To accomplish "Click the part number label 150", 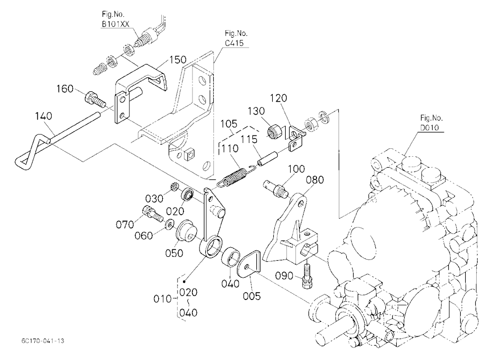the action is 178,60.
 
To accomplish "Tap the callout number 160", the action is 65,89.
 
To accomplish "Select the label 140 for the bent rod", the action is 43,116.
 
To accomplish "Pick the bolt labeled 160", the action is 94,99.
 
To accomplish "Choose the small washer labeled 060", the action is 170,225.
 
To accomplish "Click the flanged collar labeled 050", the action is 186,233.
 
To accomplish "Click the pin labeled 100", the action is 276,189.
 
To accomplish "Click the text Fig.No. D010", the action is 432,123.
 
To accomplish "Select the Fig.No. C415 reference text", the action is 236,38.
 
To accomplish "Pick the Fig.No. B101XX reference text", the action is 115,19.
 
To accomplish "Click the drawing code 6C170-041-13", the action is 43,341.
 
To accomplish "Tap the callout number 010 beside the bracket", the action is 162,299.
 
